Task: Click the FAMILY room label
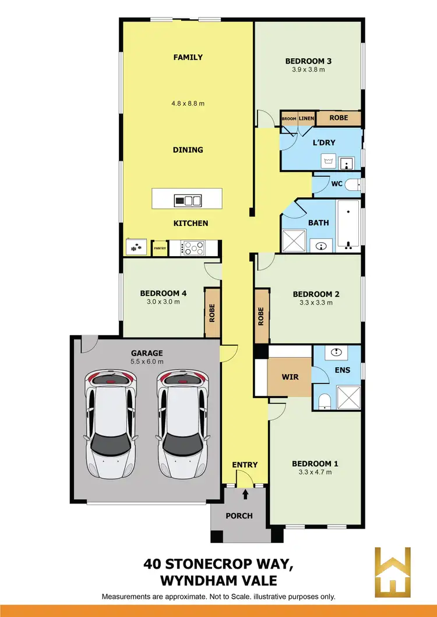click(x=188, y=57)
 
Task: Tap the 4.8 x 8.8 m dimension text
click(x=188, y=104)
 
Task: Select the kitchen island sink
click(x=188, y=201)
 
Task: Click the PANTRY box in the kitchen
click(x=160, y=248)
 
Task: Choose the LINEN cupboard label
click(x=306, y=119)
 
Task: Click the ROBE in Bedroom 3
click(x=339, y=118)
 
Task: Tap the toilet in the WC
click(x=351, y=185)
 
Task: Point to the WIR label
click(x=290, y=377)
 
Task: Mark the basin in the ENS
click(x=336, y=352)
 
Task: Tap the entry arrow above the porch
click(x=245, y=495)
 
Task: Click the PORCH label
click(x=239, y=516)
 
